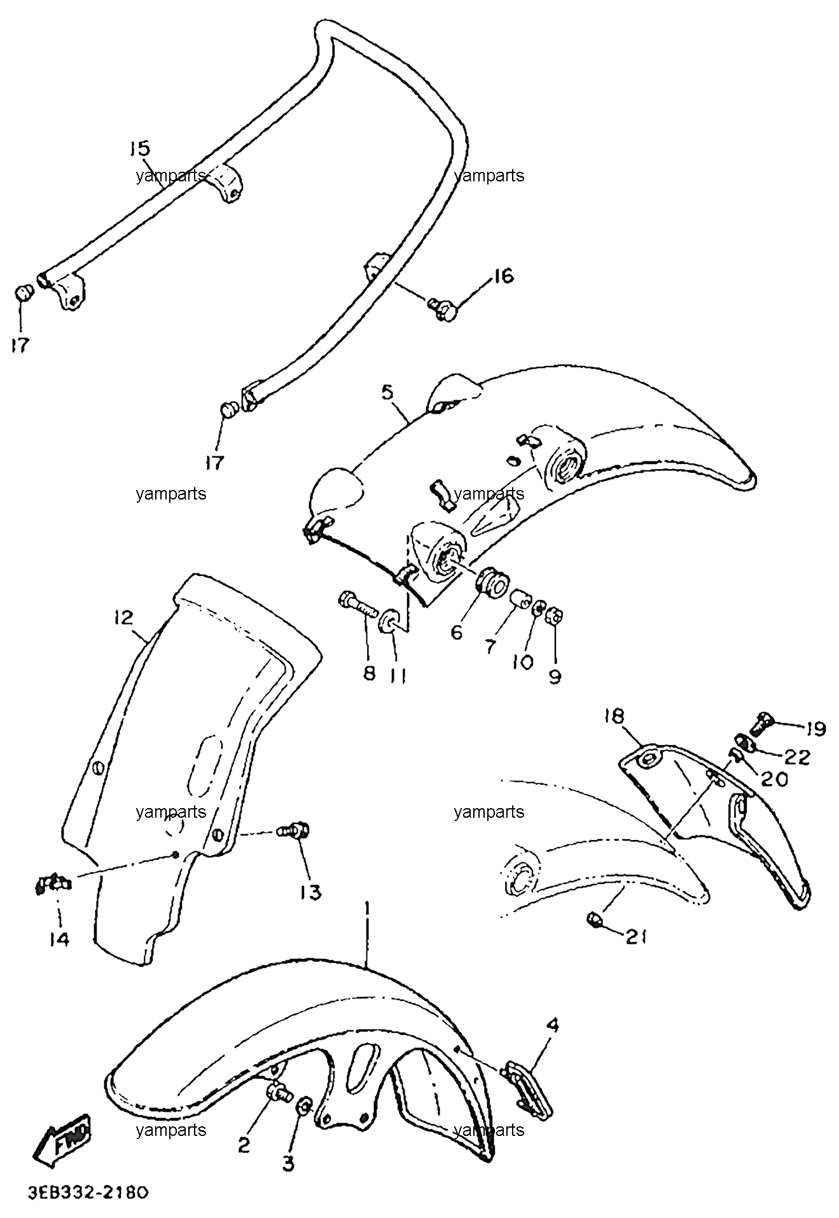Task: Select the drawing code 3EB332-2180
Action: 88,1191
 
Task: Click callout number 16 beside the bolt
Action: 503,276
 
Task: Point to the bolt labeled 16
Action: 441,309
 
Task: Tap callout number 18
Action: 615,717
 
